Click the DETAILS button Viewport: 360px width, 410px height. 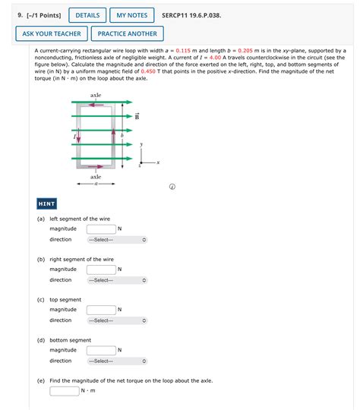point(87,15)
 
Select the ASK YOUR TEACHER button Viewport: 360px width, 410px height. point(52,33)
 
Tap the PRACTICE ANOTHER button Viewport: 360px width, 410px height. point(127,33)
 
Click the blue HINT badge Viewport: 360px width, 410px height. point(47,203)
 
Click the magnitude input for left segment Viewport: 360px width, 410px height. point(101,229)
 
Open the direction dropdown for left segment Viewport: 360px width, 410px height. point(117,240)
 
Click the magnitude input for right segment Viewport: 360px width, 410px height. point(101,269)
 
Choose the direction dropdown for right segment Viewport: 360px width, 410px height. point(117,280)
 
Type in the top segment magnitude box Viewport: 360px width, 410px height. point(101,310)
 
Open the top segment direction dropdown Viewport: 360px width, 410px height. point(117,320)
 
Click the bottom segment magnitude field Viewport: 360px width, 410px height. point(101,350)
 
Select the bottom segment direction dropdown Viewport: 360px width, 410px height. point(117,361)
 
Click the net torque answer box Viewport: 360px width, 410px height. point(65,391)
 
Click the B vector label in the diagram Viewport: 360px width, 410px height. point(137,116)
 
